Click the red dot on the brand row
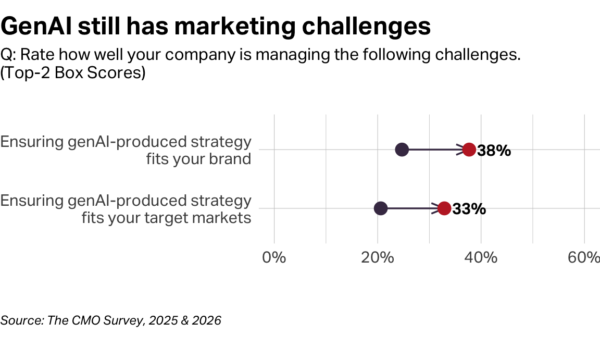tap(469, 150)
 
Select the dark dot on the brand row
tap(402, 150)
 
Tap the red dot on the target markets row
tap(444, 208)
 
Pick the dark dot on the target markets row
tap(381, 208)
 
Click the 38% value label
tap(494, 151)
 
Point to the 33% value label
tap(469, 209)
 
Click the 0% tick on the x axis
tap(274, 257)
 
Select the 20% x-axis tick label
tap(378, 257)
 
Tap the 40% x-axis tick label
tap(481, 257)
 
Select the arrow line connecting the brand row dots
tap(432, 150)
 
